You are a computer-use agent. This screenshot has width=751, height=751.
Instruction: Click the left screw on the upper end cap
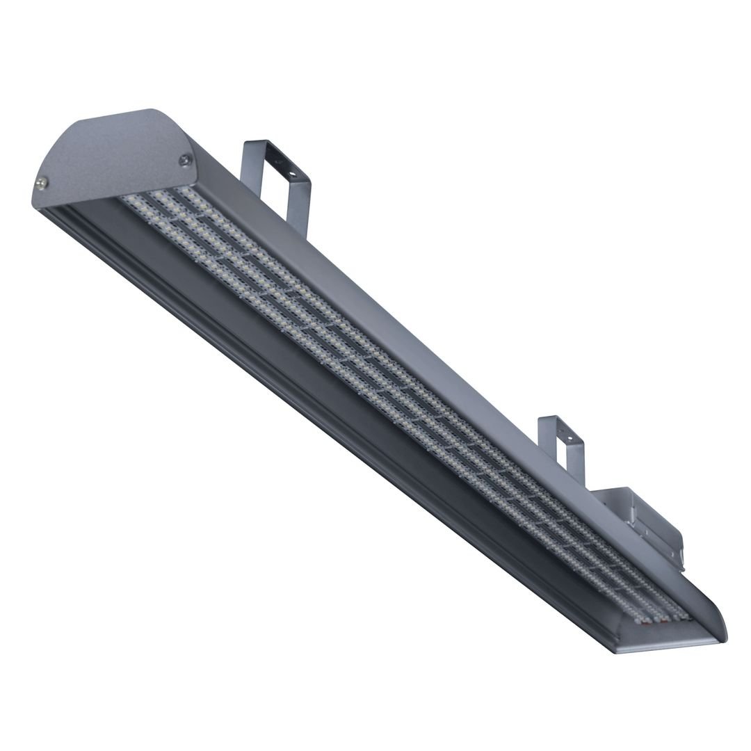tap(42, 182)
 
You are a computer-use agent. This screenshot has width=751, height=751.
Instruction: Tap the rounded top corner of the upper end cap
tap(150, 111)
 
